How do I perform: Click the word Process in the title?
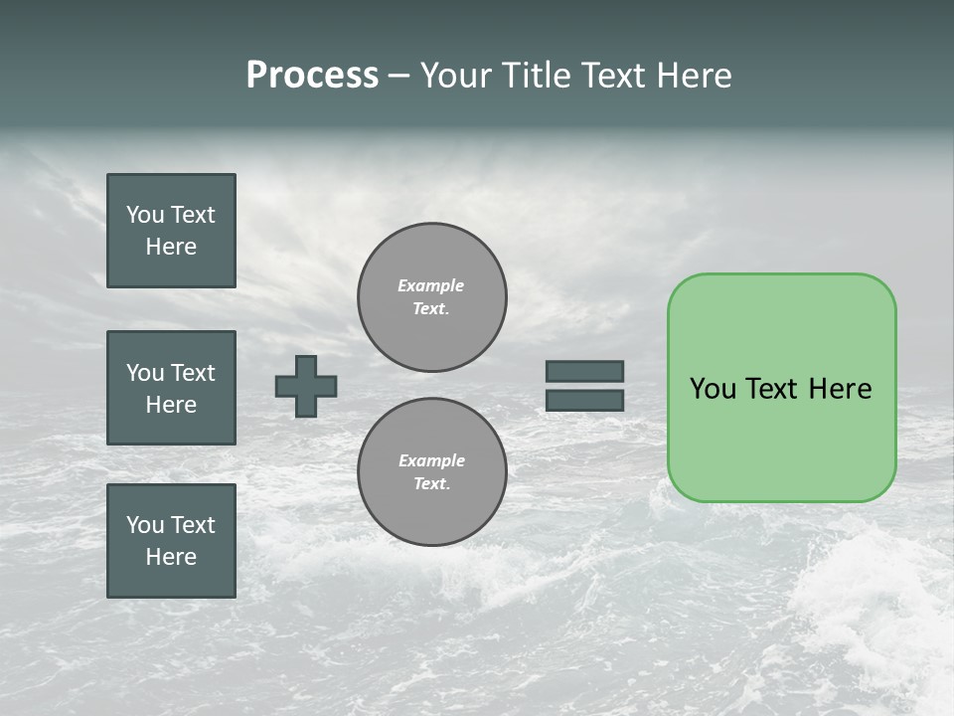(312, 76)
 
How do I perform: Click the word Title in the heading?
(534, 76)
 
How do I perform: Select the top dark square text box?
(171, 231)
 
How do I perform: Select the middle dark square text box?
(171, 388)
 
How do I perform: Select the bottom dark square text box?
(171, 541)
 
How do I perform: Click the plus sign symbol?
(306, 386)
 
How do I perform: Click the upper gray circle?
(432, 297)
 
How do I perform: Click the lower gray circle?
(432, 472)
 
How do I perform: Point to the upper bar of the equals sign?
(584, 371)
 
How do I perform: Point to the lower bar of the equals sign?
(584, 401)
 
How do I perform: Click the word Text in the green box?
(771, 389)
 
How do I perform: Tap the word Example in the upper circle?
(430, 285)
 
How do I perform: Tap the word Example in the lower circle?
(431, 460)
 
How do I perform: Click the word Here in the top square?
(171, 247)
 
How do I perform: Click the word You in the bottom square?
(145, 525)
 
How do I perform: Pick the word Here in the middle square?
(171, 405)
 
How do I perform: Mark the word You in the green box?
(713, 389)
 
